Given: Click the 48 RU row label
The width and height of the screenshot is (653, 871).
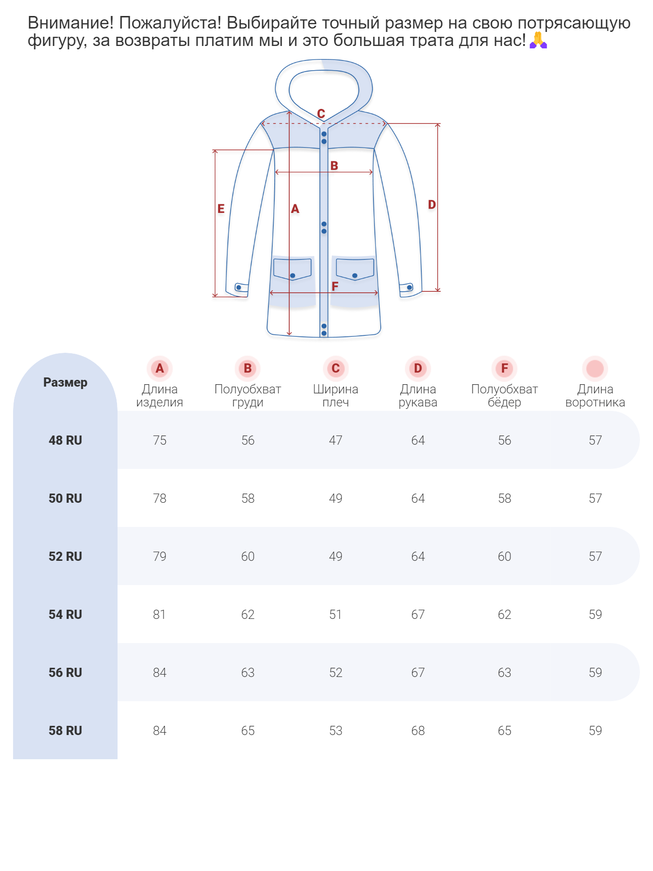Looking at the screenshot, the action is (x=65, y=440).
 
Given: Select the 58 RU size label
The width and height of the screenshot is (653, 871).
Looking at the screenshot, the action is (x=65, y=731).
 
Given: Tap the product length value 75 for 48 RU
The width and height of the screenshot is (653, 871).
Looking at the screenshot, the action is (x=160, y=440).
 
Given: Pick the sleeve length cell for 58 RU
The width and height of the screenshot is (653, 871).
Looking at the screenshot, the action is (x=418, y=731).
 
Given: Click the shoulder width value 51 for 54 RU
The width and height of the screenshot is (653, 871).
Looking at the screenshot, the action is (x=335, y=615).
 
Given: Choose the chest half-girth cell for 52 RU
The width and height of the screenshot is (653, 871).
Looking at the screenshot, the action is (x=248, y=556).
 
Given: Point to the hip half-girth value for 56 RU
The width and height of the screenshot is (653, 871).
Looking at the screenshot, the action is (x=505, y=673).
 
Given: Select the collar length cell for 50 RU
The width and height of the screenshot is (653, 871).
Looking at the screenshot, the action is (x=595, y=498).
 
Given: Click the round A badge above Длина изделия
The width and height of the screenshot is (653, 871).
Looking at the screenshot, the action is (x=160, y=369).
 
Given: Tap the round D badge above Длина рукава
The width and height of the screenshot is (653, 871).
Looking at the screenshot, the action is (x=418, y=369).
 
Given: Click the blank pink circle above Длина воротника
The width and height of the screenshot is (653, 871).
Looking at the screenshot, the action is (x=595, y=369).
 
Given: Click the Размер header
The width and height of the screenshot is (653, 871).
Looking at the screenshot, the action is (x=65, y=382).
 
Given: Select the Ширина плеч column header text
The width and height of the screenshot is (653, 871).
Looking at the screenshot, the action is (x=335, y=396).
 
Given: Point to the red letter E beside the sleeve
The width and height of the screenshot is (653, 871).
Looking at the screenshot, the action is (x=221, y=209).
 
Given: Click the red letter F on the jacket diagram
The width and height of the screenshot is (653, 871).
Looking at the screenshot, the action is (x=335, y=286).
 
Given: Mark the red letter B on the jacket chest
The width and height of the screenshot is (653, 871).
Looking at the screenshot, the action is (x=334, y=165).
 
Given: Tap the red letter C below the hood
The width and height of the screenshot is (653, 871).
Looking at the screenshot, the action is (x=321, y=114).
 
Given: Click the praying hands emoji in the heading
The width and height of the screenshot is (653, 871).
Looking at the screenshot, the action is (x=538, y=40).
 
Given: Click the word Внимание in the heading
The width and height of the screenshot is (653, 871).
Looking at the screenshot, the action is (x=71, y=23).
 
